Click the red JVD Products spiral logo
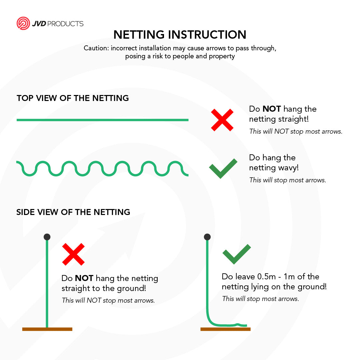tap(23, 23)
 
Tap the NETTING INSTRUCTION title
tap(180, 35)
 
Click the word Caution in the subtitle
tap(96, 48)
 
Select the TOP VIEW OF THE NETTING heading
tap(73, 98)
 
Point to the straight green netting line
tap(102, 120)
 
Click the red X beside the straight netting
tap(222, 120)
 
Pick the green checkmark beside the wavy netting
tap(223, 168)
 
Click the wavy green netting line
tap(102, 169)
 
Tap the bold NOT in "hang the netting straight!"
tap(272, 109)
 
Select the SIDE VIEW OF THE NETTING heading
tap(73, 212)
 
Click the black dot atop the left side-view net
tap(47, 237)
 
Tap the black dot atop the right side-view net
tap(207, 237)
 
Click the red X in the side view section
tap(73, 254)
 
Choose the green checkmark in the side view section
tap(236, 254)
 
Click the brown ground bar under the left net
tap(47, 329)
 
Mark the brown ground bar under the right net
tap(225, 329)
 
